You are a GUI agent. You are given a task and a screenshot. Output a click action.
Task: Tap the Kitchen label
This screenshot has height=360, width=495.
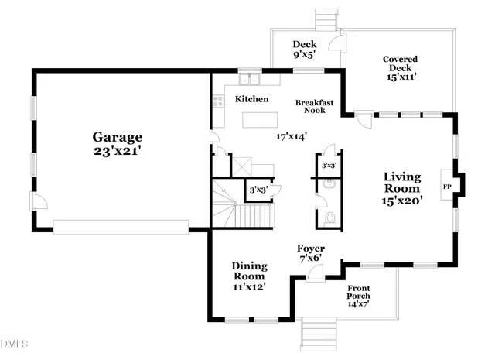click(251, 99)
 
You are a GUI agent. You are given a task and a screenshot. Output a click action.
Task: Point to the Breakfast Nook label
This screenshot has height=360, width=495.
click(315, 106)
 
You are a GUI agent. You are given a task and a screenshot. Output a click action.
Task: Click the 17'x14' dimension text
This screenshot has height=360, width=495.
click(292, 136)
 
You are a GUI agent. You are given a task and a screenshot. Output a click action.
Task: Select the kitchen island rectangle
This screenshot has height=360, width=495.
click(261, 119)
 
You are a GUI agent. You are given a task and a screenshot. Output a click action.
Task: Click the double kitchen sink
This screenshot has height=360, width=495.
click(250, 78)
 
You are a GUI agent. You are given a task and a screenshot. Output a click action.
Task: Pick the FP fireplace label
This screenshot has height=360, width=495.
click(446, 187)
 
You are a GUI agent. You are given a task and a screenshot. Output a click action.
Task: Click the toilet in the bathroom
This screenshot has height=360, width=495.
click(330, 218)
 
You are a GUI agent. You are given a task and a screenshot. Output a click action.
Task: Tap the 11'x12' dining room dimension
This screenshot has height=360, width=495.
click(249, 286)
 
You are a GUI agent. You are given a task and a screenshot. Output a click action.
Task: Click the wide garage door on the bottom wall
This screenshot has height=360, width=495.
click(121, 226)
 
